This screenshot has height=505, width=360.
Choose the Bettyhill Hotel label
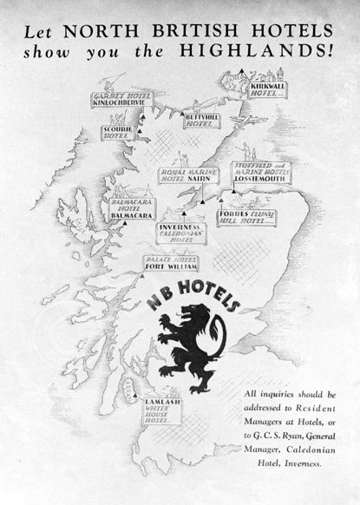coord(202,121)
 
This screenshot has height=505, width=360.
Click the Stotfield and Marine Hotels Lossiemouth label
coord(264,174)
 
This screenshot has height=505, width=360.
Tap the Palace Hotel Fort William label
coord(168,264)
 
